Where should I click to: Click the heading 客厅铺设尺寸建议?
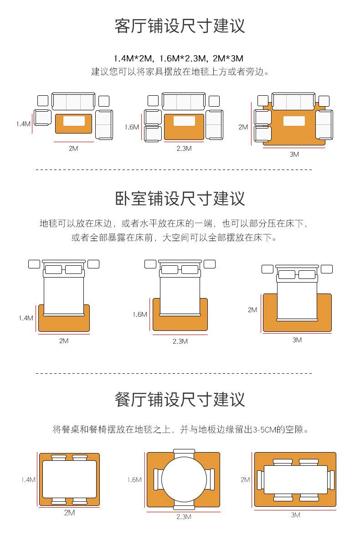point(180,26)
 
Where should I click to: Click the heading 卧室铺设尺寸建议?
point(180,199)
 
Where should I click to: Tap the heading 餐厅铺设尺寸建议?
point(180,400)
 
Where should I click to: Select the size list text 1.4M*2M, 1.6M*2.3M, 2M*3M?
point(179,58)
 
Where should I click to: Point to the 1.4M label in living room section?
point(23,124)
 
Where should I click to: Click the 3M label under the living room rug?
point(294,155)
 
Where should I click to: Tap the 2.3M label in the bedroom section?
point(180,341)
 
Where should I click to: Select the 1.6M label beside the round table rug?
point(134,479)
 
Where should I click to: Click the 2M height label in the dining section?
point(245,479)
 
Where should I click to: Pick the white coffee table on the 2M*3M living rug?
point(294,121)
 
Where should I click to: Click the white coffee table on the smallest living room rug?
point(74,121)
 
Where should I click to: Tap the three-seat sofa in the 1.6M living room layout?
point(183,101)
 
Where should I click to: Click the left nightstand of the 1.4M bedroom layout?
point(34,264)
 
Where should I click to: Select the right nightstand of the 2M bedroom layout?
point(326,268)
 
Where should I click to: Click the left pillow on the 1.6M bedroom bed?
point(170,269)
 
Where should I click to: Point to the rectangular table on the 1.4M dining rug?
point(69,479)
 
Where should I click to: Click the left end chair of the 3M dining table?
point(261,480)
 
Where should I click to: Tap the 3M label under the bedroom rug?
point(297,340)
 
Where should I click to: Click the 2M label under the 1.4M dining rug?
point(69,513)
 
